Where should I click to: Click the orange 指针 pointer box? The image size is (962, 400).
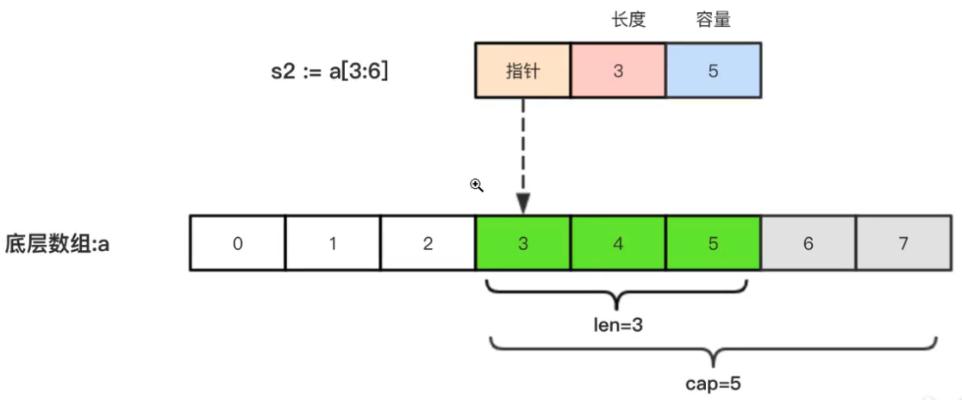(x=522, y=71)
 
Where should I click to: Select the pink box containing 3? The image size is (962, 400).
(x=618, y=71)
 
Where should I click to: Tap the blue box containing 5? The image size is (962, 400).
(x=713, y=71)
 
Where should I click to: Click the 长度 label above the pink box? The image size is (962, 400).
(x=628, y=20)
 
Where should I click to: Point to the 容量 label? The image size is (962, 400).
(x=713, y=20)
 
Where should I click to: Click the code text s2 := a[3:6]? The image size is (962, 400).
(x=329, y=72)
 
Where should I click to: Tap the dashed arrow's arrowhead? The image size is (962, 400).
(x=522, y=204)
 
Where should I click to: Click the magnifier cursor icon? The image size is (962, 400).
(x=476, y=184)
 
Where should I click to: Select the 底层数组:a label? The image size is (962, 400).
(x=57, y=244)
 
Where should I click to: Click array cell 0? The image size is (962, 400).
(x=238, y=244)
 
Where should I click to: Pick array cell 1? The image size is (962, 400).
(x=333, y=244)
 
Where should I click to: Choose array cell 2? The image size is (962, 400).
(x=428, y=244)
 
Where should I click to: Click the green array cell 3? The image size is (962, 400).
(x=522, y=244)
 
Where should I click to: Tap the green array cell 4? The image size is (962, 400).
(x=618, y=244)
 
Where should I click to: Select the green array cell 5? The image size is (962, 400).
(x=713, y=244)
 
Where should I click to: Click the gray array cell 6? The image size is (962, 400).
(x=808, y=244)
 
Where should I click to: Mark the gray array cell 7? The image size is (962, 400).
(x=903, y=244)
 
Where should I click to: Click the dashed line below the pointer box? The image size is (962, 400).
(x=522, y=147)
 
